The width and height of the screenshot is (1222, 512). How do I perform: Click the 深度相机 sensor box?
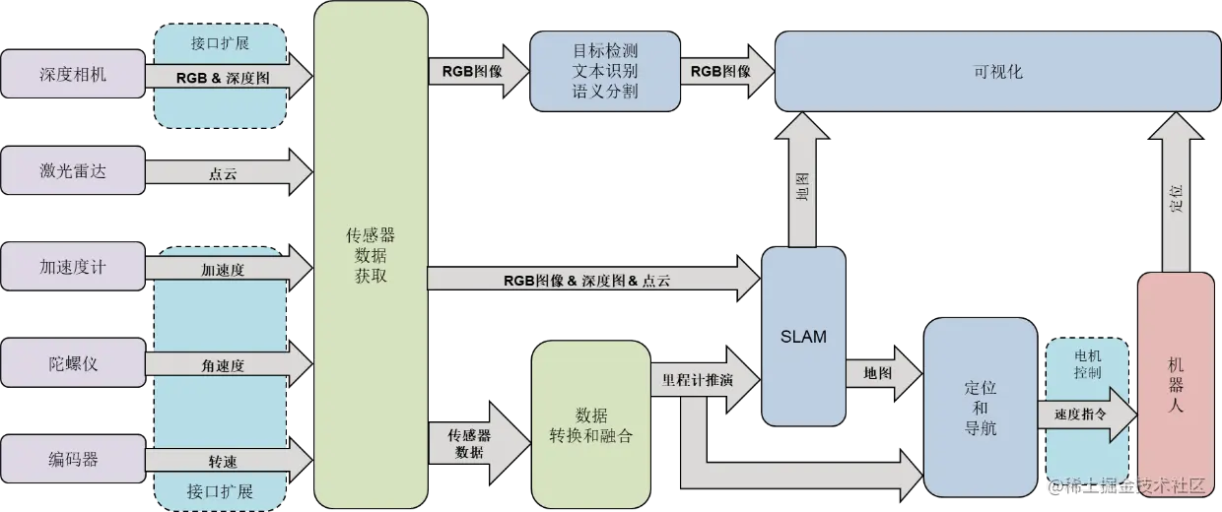point(73,74)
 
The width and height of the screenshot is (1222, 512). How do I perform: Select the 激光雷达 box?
point(73,170)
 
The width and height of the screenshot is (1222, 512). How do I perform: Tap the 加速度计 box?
point(73,267)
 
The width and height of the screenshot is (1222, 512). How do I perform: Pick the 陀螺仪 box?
point(73,363)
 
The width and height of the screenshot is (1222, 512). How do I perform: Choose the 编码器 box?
point(73,460)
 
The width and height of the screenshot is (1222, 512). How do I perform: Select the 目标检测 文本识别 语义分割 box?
point(604,71)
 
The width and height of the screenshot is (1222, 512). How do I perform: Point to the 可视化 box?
point(996,71)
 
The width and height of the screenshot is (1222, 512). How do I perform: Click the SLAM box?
point(803,336)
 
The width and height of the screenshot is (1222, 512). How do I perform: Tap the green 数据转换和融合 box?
point(590,423)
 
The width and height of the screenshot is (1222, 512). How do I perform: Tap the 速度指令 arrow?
point(1081,414)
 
